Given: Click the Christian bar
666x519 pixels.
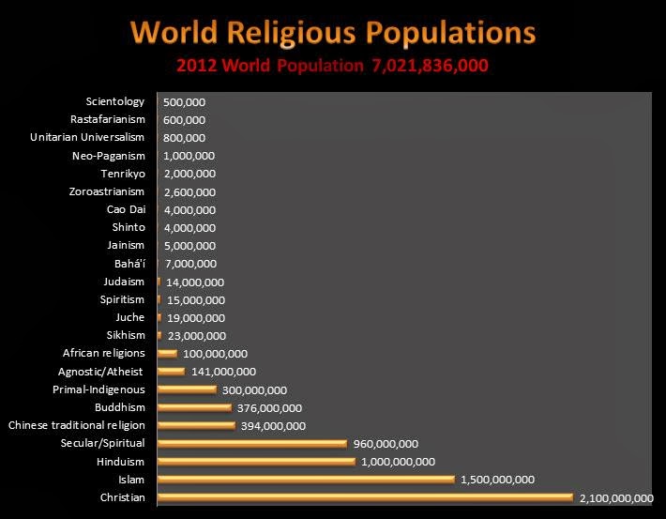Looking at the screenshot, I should point(365,496).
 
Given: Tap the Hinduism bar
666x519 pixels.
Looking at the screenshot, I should point(257,461).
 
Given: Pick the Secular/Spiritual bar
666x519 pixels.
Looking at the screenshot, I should point(252,443).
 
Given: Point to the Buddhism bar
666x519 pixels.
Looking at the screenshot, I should point(194,407).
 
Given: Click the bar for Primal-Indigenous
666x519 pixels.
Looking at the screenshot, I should point(187,389).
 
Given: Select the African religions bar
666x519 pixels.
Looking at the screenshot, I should point(168,354).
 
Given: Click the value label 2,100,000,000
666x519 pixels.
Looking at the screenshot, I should point(616,497).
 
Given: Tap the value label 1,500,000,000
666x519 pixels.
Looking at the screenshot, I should point(497,480).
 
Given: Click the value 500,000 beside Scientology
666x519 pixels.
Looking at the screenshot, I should point(184,102).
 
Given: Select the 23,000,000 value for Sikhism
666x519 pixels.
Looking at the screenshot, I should point(194,336).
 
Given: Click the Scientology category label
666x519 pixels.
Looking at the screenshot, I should point(115,101).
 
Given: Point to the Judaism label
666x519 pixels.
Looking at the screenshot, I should point(125,282).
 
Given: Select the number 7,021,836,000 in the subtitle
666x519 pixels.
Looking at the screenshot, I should point(430,68).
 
